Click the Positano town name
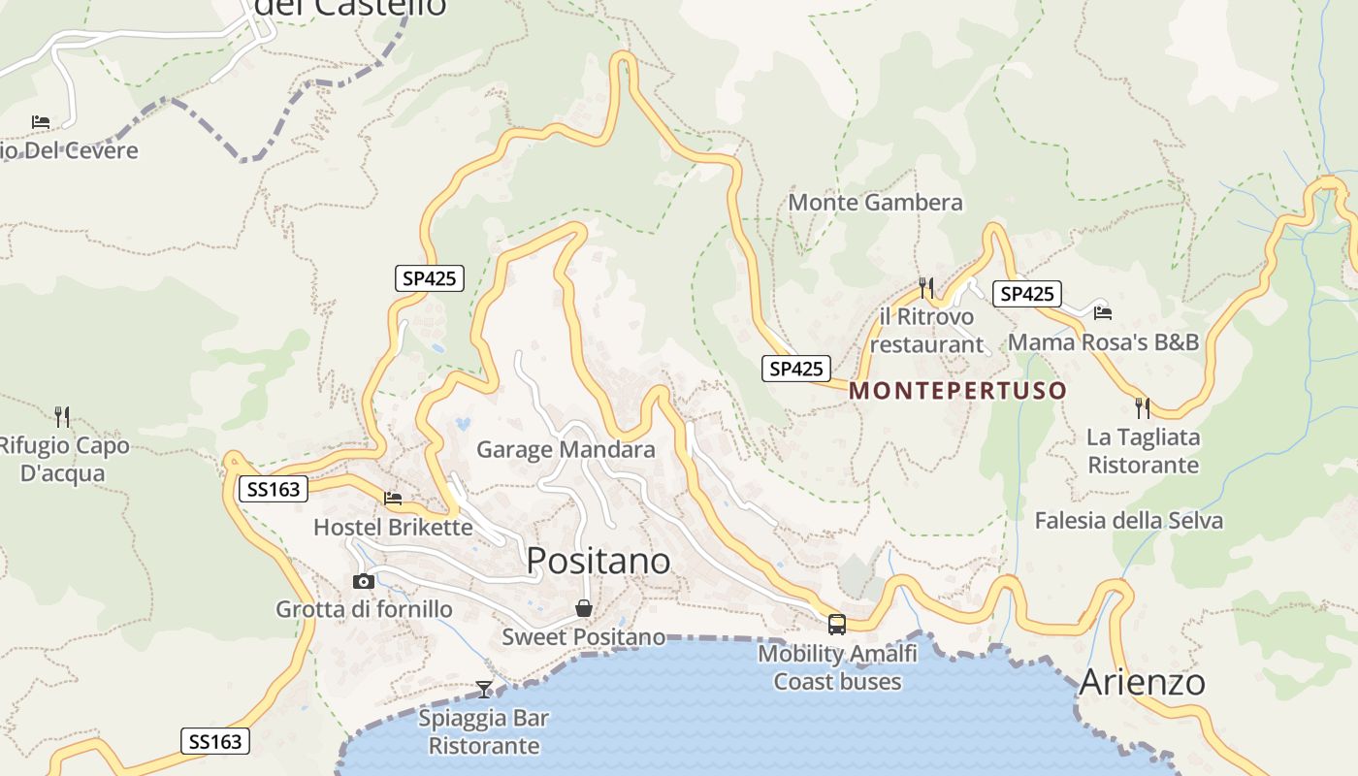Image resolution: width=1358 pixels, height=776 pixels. [598, 561]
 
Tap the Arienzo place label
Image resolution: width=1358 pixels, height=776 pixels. [1142, 682]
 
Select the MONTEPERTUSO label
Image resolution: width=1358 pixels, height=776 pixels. [957, 391]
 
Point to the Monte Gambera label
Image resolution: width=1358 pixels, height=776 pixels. [875, 203]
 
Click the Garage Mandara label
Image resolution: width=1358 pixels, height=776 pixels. [566, 450]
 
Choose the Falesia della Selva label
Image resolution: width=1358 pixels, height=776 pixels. [1128, 521]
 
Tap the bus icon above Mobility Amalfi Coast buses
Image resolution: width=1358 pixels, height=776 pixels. [836, 625]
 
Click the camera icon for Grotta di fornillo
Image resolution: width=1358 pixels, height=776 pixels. [364, 581]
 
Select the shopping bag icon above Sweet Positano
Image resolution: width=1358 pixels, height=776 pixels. [584, 608]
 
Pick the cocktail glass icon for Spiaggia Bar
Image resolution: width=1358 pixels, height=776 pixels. [484, 690]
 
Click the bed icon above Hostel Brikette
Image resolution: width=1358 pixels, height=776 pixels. [393, 499]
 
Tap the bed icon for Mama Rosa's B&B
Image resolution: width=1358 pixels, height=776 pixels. [1103, 313]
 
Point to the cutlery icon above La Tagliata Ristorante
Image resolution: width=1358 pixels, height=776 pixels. [1143, 407]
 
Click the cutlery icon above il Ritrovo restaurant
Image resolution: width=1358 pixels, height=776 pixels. [925, 287]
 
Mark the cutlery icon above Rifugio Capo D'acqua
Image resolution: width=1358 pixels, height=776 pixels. [63, 417]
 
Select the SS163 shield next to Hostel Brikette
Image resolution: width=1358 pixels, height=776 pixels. [275, 490]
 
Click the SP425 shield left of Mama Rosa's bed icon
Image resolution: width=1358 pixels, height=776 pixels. [1026, 294]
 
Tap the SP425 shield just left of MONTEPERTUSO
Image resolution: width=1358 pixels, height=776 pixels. [795, 369]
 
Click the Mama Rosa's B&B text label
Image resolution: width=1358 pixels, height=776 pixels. [1103, 342]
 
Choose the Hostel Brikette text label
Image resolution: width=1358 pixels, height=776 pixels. [393, 528]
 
